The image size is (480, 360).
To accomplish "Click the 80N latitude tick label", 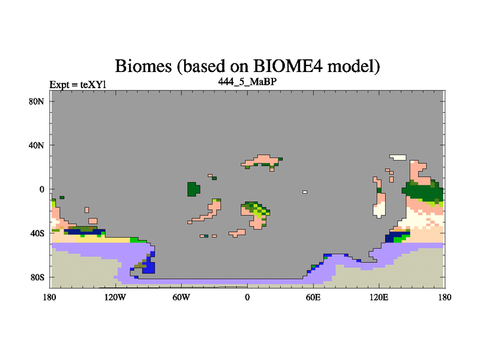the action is point(37,101).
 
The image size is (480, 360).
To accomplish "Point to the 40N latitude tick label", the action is point(37,145).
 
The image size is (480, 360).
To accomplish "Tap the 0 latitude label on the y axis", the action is point(41,189).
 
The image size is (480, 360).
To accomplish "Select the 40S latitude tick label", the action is point(37,233).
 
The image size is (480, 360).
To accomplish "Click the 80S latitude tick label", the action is point(37,277).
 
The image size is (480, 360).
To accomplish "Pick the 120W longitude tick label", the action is point(115,297).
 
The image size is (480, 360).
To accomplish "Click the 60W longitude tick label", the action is point(181,297).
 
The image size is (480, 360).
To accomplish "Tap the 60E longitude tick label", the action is point(313,297).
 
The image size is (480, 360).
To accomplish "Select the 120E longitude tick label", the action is point(379,297).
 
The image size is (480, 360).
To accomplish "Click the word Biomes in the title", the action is point(143,66).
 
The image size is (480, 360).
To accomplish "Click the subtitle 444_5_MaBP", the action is point(247,82).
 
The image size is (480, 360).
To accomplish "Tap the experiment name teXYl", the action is point(93,85).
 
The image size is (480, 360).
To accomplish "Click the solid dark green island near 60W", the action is point(193,189).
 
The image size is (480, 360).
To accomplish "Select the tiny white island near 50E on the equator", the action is point(305,192).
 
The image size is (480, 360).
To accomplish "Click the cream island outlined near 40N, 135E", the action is point(398,157).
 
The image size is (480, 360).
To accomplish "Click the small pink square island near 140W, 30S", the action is point(93,221).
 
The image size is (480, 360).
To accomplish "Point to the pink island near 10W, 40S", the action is point(238,233).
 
